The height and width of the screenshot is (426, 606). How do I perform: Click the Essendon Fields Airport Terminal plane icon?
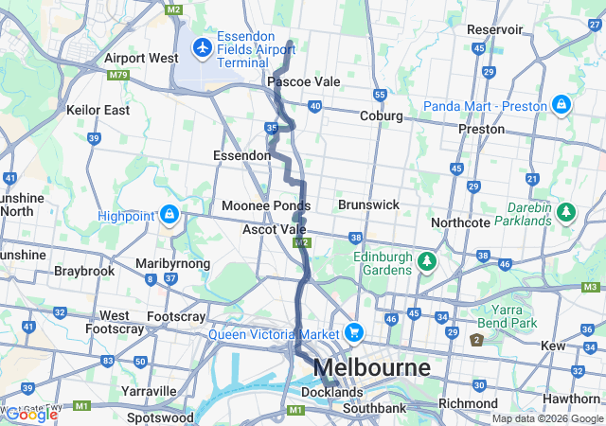(203, 47)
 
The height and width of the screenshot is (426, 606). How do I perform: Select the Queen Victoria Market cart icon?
(354, 332)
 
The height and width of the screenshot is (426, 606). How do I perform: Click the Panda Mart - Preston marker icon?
(561, 104)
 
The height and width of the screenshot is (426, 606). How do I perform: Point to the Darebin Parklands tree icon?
(566, 211)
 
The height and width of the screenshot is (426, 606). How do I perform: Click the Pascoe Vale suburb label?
(303, 82)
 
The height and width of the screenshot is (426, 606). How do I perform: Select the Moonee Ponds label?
(266, 205)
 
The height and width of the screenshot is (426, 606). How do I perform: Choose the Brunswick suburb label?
(368, 204)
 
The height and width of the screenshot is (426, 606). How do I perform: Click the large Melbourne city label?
(371, 367)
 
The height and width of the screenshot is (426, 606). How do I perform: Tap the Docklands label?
(331, 392)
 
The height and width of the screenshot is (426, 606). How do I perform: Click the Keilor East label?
(98, 110)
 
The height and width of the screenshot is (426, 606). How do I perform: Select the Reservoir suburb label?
(494, 29)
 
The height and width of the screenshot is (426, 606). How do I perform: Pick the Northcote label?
(460, 222)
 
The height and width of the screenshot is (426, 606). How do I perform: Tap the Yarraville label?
(149, 391)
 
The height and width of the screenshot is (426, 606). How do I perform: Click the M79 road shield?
(118, 75)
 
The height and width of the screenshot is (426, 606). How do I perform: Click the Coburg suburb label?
(382, 115)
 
